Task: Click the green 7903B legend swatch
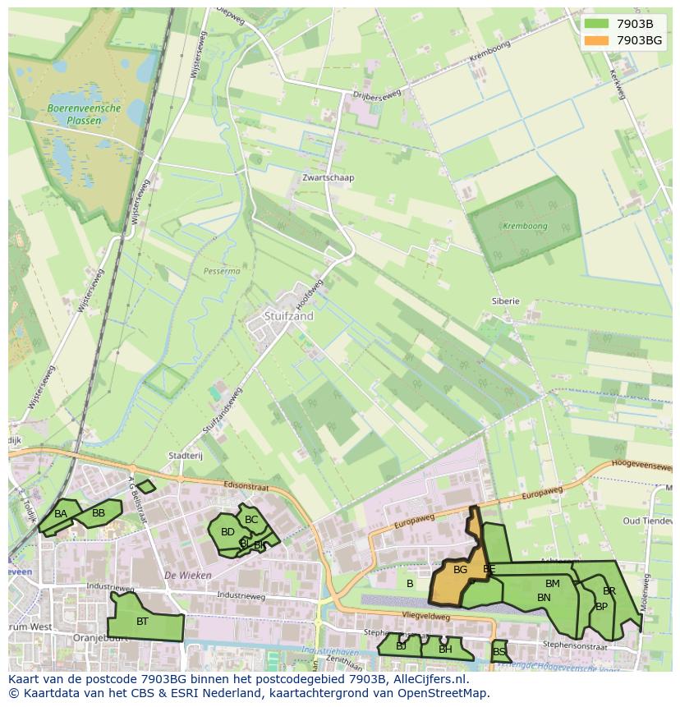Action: (597, 24)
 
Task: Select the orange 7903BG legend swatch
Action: (597, 40)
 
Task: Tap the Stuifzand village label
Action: (289, 315)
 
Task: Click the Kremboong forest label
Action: (525, 226)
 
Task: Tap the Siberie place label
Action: (506, 301)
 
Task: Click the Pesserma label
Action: (222, 270)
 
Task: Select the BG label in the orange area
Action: (460, 570)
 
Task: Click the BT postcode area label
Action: (142, 622)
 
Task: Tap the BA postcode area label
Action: (61, 514)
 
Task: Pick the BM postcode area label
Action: (552, 584)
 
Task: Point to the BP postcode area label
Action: (601, 607)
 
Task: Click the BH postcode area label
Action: (445, 650)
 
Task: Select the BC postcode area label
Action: (251, 520)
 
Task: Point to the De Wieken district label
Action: (188, 576)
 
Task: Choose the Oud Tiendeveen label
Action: (647, 521)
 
